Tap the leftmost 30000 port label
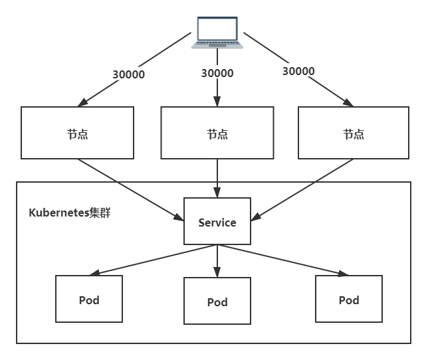tap(130, 74)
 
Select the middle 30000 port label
tap(217, 73)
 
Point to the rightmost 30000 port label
tap(298, 70)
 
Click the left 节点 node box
tap(77, 134)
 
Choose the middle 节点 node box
tap(217, 134)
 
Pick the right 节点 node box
tap(353, 134)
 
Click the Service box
tap(217, 221)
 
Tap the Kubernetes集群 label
tap(70, 213)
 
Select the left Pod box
tap(89, 300)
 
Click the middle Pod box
tap(217, 301)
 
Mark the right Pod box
tap(349, 300)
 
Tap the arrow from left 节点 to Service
tap(130, 189)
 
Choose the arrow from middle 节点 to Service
tap(217, 178)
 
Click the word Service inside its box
tap(217, 223)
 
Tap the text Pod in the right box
tap(349, 300)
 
